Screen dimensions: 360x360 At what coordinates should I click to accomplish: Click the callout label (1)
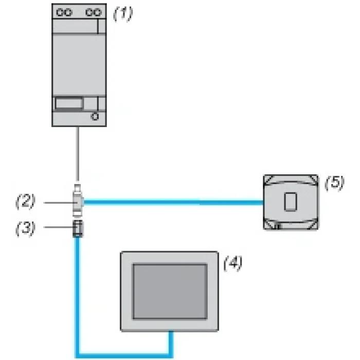(x=123, y=13)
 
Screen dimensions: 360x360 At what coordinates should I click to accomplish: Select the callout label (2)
(x=26, y=202)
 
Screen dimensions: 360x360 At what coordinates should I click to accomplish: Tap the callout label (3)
(x=26, y=228)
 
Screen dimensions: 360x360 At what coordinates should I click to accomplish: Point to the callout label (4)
(x=233, y=263)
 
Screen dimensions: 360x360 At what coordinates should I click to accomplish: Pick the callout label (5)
(x=335, y=183)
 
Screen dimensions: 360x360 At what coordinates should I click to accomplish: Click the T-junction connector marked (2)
(x=78, y=201)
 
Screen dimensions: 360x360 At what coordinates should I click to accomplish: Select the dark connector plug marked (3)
(x=78, y=228)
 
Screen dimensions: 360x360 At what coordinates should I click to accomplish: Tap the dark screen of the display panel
(x=170, y=292)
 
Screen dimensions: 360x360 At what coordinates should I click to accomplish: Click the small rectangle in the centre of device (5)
(x=291, y=202)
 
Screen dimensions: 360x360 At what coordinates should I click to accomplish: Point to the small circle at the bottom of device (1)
(x=95, y=117)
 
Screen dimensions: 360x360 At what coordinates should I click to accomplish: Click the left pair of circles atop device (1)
(x=64, y=12)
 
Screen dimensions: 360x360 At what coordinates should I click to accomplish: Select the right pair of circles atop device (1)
(x=94, y=12)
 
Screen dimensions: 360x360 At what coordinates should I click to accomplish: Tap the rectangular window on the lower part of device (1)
(x=68, y=103)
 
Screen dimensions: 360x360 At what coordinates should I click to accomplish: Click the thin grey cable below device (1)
(x=78, y=154)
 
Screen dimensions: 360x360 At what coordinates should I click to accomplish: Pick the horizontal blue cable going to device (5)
(x=174, y=203)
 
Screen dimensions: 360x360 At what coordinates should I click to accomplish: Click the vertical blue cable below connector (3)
(x=78, y=296)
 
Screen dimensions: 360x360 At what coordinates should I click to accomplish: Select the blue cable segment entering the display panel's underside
(x=171, y=344)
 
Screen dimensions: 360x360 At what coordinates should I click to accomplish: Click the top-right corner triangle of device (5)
(x=314, y=179)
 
